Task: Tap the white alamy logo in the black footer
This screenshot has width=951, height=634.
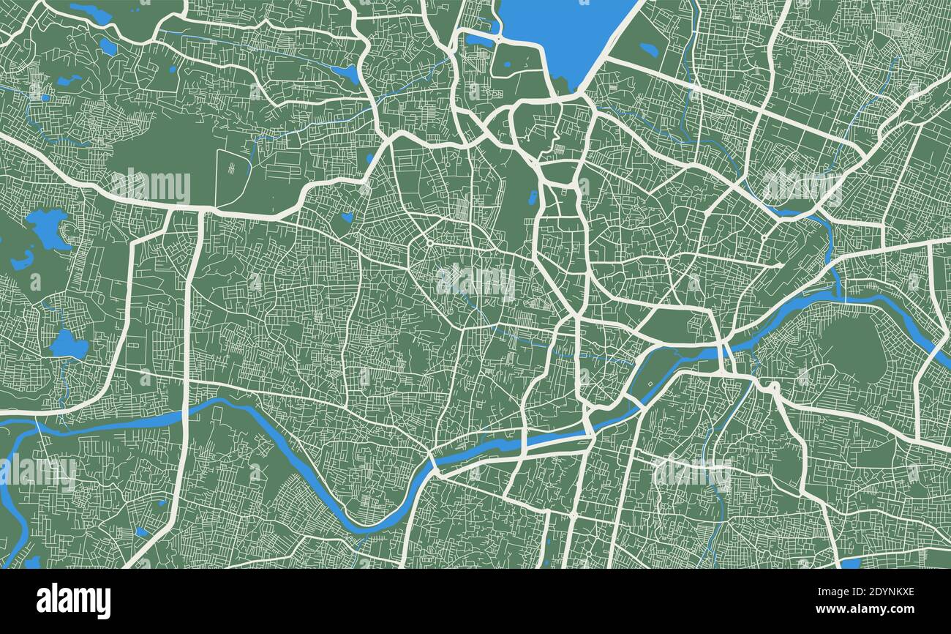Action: [x=73, y=601]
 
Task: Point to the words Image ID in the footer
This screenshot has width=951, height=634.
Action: [x=823, y=592]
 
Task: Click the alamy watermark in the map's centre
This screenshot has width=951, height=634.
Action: [x=475, y=280]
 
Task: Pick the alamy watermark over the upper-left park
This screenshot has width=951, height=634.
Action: [x=151, y=187]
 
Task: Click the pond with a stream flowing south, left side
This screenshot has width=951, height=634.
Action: [x=67, y=344]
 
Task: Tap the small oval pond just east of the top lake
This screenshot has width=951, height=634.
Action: [x=648, y=49]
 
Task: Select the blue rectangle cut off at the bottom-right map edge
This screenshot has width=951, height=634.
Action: [x=851, y=563]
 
